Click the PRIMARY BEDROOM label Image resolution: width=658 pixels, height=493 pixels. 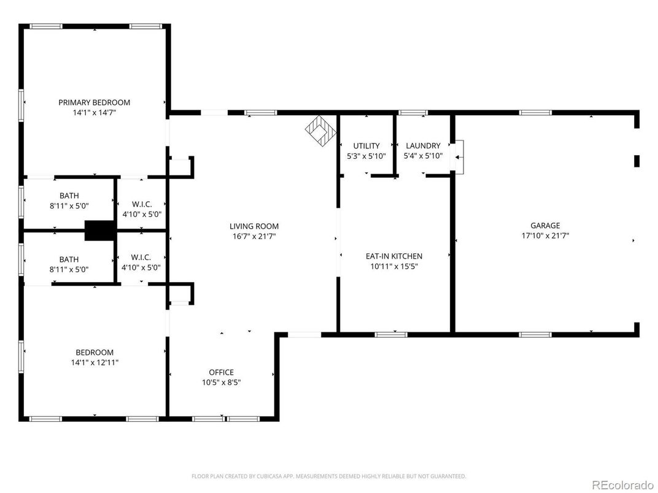pos(94,102)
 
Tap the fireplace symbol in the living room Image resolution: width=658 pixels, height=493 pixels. pos(321,131)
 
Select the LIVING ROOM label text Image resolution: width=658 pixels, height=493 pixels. pos(254,226)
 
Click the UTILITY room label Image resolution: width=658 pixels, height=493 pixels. pos(366,146)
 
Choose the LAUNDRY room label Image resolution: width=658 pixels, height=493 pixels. pos(423,146)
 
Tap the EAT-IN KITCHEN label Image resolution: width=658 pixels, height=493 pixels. pos(393,256)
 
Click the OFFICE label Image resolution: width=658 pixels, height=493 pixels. pos(221,372)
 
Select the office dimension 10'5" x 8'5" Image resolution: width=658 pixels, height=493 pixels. pos(221,382)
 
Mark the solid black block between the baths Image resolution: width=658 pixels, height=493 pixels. pos(99,230)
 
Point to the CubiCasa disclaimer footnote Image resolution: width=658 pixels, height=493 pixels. pos(328,476)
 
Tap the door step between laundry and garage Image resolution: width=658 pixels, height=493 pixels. pos(457,156)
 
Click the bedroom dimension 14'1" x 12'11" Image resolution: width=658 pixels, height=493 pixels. pos(94,362)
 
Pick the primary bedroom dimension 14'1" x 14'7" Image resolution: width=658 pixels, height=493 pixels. pos(94,113)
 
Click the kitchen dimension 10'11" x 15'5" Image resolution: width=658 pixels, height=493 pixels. pos(393,266)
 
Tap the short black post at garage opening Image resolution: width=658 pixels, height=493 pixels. pos(637,161)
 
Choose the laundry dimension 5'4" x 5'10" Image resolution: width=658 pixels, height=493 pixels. pos(423,156)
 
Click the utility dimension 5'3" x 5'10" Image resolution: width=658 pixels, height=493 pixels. pos(366,156)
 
